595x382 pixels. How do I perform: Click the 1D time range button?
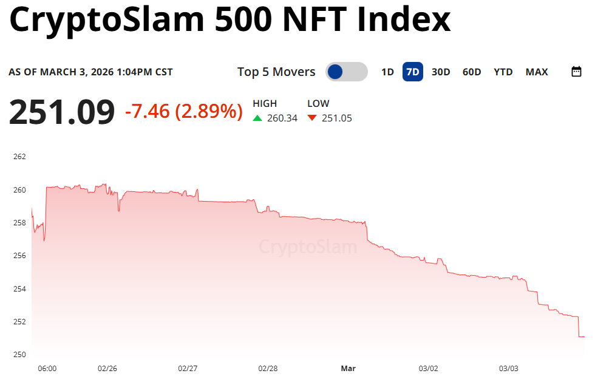[x=387, y=72]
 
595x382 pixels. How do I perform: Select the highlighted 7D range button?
[x=413, y=72]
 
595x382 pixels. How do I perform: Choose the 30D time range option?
[x=441, y=72]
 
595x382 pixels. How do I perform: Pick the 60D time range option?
[x=472, y=72]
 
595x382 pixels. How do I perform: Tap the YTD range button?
[x=503, y=72]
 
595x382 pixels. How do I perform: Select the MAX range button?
[x=537, y=72]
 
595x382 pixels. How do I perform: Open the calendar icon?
[x=577, y=72]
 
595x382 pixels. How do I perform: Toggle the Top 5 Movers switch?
[x=346, y=72]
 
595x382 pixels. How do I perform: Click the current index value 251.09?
[x=61, y=112]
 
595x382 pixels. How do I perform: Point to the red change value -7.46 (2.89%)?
[x=183, y=111]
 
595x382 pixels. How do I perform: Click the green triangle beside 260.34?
[x=257, y=118]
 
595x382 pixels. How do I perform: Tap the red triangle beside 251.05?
[x=312, y=118]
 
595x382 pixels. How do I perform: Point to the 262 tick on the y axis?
[x=19, y=157]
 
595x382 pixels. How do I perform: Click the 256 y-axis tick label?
[x=19, y=256]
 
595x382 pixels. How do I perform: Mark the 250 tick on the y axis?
[x=19, y=355]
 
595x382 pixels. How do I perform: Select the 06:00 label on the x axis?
[x=47, y=369]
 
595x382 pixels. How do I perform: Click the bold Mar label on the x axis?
[x=348, y=369]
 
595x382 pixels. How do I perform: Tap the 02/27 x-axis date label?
[x=188, y=369]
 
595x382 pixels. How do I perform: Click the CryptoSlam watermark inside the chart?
[x=308, y=247]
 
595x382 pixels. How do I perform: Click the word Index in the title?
[x=404, y=20]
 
